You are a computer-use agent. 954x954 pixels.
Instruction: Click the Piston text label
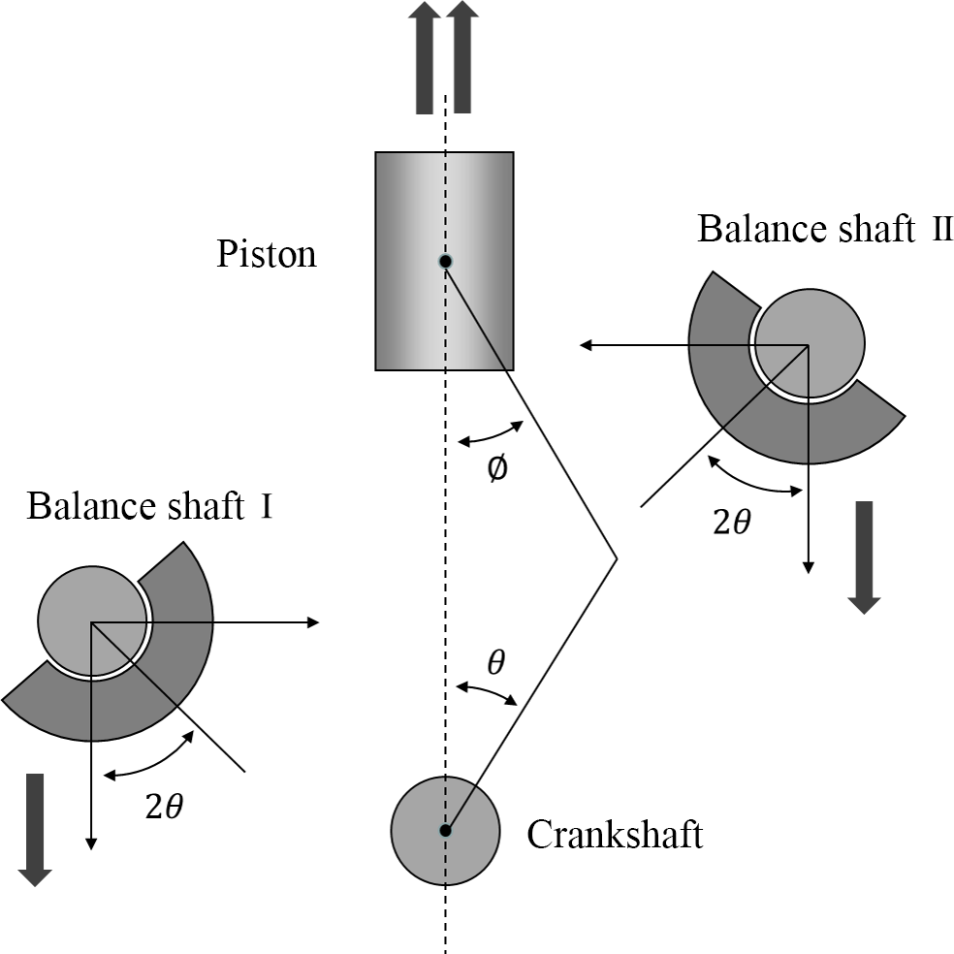(x=267, y=255)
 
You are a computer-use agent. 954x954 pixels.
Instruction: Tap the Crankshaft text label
(x=615, y=835)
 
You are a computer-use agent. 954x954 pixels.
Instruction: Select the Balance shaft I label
(x=149, y=507)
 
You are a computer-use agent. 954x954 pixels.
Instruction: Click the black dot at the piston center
(x=445, y=262)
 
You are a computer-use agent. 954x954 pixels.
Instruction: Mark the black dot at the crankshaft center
(x=446, y=830)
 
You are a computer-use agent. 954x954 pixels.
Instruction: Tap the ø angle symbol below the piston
(x=495, y=469)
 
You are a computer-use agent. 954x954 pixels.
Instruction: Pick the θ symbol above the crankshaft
(x=495, y=662)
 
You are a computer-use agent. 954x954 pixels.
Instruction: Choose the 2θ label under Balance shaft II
(x=731, y=524)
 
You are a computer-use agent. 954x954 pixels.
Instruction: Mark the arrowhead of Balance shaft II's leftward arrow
(x=585, y=345)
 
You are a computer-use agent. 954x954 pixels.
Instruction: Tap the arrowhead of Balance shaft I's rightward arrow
(x=313, y=621)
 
